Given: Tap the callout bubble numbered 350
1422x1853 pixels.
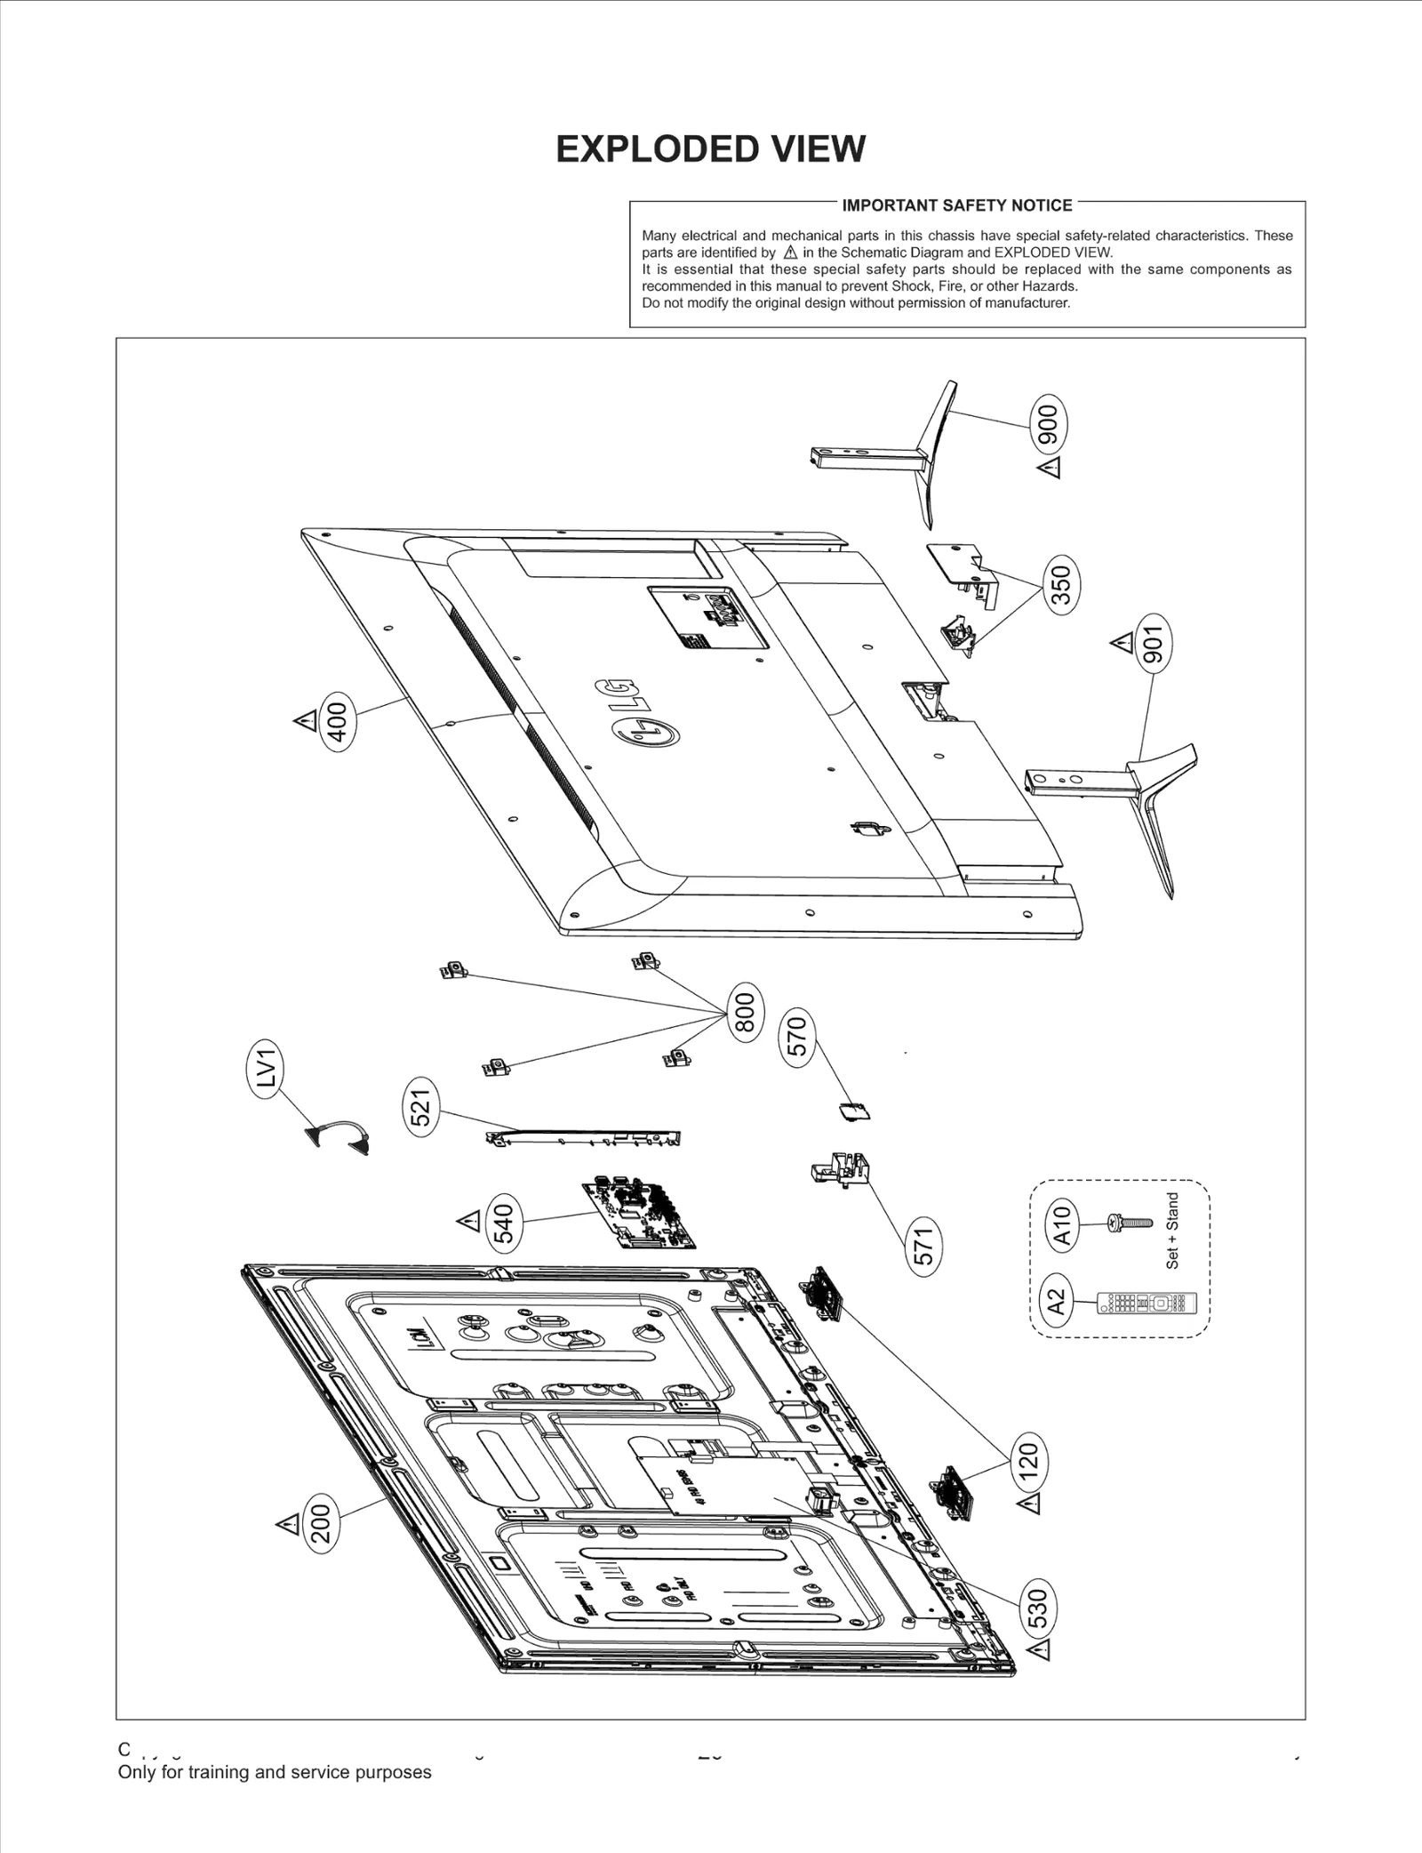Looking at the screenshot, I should [1061, 583].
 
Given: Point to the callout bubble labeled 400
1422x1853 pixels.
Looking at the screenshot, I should [338, 722].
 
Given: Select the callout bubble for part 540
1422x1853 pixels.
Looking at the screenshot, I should [504, 1223].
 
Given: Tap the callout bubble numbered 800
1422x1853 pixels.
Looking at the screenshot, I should [745, 1013].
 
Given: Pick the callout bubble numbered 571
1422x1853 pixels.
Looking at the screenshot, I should [924, 1246].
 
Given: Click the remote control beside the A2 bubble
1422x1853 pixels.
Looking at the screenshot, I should [1147, 1304].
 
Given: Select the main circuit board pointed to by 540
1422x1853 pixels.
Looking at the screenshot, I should [638, 1215].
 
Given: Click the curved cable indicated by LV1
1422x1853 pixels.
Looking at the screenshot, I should [338, 1137].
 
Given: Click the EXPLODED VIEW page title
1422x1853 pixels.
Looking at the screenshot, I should [710, 149].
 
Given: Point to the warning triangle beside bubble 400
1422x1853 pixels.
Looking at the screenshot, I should [305, 720].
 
